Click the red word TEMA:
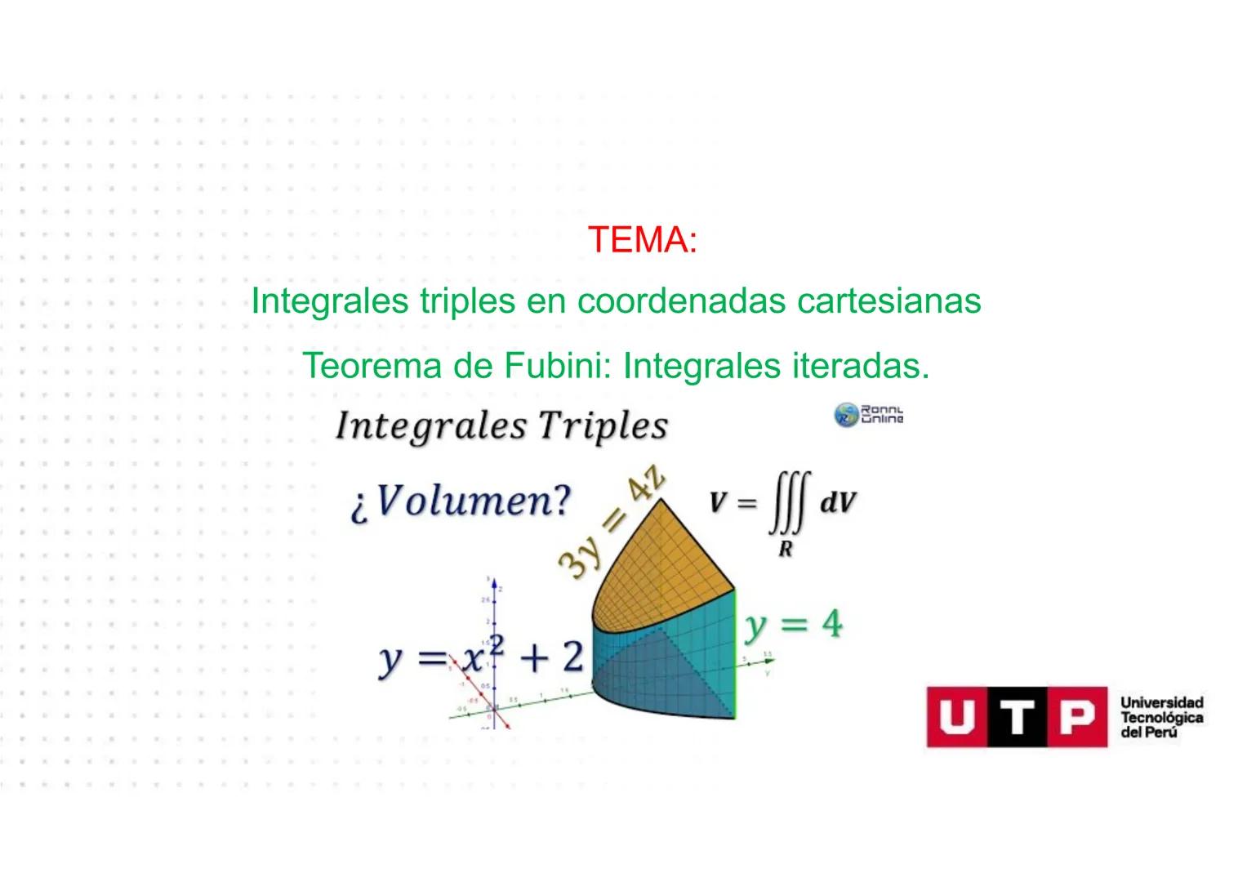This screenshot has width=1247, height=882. (x=642, y=240)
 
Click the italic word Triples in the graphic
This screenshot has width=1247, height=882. (x=603, y=426)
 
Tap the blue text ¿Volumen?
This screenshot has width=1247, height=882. (x=461, y=501)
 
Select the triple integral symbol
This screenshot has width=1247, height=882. (x=789, y=503)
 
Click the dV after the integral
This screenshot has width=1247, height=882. (x=838, y=502)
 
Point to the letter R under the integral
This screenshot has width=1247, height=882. (x=786, y=550)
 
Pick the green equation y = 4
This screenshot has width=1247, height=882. (x=793, y=626)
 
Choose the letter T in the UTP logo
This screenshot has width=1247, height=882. (x=1017, y=717)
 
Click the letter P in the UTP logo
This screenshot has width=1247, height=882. (x=1077, y=717)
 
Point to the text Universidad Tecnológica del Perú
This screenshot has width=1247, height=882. (x=1161, y=718)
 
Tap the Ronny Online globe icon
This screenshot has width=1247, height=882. (x=846, y=415)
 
